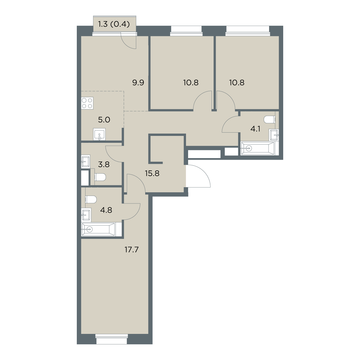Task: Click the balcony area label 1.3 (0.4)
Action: pyautogui.click(x=114, y=24)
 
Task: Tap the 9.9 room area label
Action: pyautogui.click(x=138, y=82)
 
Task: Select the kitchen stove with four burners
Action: pyautogui.click(x=87, y=103)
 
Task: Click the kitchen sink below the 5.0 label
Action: pyautogui.click(x=99, y=134)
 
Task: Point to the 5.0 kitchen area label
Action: pyautogui.click(x=104, y=120)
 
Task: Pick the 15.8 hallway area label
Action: pyautogui.click(x=152, y=173)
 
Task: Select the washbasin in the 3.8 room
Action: pyautogui.click(x=85, y=161)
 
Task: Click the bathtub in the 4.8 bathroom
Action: pyautogui.click(x=99, y=229)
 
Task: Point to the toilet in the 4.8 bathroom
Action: pyautogui.click(x=91, y=199)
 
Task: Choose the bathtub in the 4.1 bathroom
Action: pyautogui.click(x=257, y=148)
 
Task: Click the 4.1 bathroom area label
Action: pyautogui.click(x=255, y=129)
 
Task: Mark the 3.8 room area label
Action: pyautogui.click(x=104, y=165)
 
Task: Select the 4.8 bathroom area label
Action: pyautogui.click(x=106, y=210)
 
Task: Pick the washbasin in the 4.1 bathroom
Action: pyautogui.click(x=274, y=135)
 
